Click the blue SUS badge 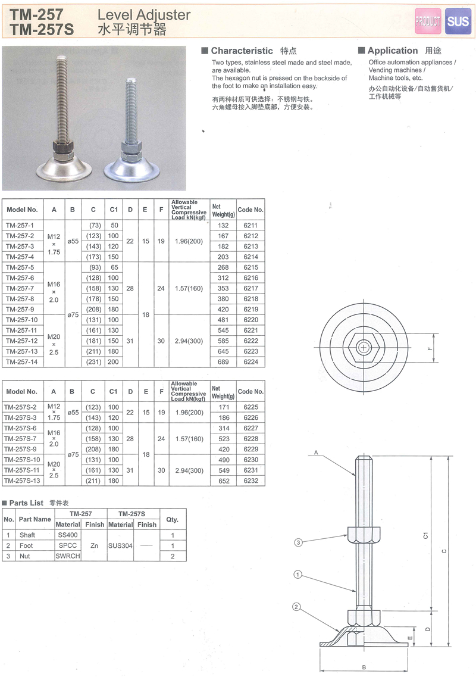458,21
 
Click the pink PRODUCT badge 428,21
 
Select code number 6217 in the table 250,288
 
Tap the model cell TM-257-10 22,320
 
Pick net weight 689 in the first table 223,362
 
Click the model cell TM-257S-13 22,481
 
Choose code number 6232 250,481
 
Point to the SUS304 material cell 120,546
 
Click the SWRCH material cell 68,556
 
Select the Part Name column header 35,519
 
